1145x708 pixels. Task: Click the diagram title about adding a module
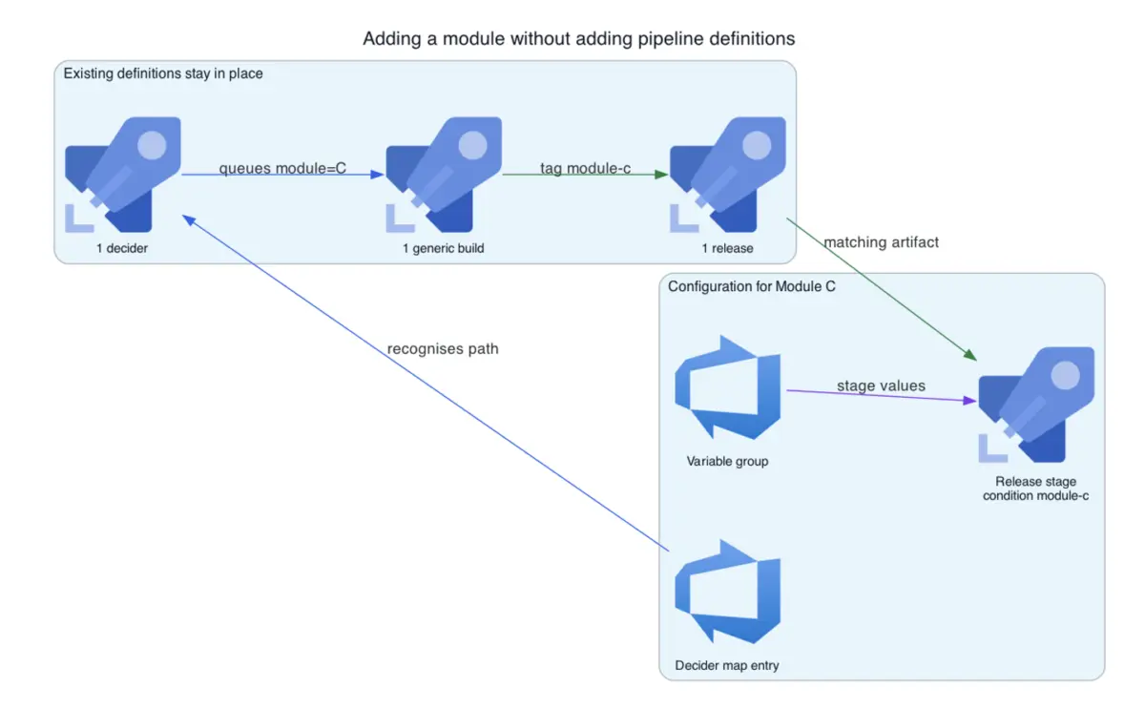coord(578,39)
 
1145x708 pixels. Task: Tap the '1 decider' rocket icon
coord(123,175)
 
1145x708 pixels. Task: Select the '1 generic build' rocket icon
coord(444,175)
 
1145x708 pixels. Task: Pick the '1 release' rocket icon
coord(728,175)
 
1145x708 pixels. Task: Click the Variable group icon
coord(727,387)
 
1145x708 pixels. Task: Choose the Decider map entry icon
coord(727,592)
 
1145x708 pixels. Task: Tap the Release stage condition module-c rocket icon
coord(1036,405)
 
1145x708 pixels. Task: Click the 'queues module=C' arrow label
coord(282,168)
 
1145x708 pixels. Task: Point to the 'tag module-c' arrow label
coord(585,168)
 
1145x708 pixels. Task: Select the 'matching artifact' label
coord(882,242)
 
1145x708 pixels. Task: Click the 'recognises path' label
coord(443,348)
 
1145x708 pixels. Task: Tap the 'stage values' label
coord(881,385)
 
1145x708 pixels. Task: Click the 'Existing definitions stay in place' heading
coord(163,73)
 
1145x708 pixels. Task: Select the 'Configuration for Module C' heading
coord(752,286)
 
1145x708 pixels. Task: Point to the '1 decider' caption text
coord(122,248)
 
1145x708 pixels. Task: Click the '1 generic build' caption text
coord(443,248)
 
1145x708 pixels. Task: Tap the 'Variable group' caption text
coord(727,461)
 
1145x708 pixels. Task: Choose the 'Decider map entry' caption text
coord(727,665)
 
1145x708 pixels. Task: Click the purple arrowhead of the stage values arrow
coord(969,400)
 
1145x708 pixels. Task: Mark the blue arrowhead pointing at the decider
coord(189,219)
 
